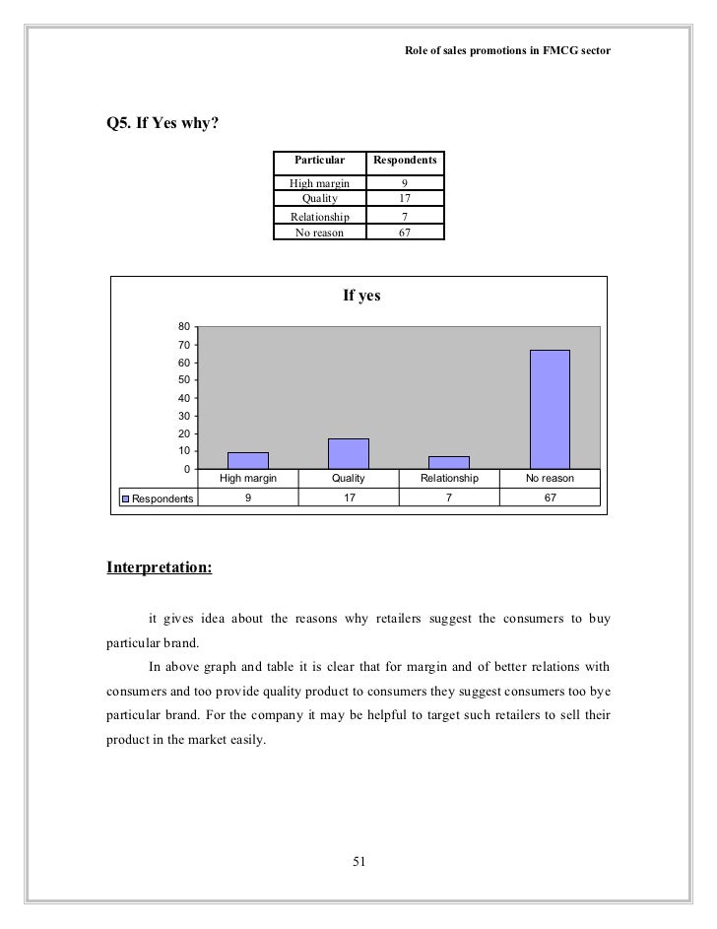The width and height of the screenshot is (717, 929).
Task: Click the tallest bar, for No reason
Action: (550, 409)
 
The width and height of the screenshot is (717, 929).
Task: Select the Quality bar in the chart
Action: (348, 453)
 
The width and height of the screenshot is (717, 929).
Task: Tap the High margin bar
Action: (247, 460)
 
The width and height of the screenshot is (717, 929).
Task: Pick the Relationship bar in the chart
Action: (448, 462)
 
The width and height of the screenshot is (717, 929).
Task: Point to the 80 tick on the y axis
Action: (184, 327)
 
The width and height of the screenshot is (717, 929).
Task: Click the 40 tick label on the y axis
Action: (184, 398)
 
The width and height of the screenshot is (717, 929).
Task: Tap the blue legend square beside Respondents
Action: (125, 498)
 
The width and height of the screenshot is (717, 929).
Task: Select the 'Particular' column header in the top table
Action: (320, 160)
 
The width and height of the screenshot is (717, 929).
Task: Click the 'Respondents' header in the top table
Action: (405, 160)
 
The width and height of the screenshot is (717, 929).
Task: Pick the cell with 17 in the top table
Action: (405, 199)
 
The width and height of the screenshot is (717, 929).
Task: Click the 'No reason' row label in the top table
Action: (320, 232)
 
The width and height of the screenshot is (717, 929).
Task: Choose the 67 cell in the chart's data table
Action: (550, 498)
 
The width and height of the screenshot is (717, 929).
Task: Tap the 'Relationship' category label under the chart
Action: (449, 478)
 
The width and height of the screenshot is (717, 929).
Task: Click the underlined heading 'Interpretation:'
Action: (159, 567)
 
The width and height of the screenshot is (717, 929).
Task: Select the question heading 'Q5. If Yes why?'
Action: (163, 125)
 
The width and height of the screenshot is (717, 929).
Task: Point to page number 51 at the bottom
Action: (358, 863)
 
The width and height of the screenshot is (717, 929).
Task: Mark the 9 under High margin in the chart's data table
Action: (248, 498)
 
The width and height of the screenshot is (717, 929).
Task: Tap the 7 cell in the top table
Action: (405, 217)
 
